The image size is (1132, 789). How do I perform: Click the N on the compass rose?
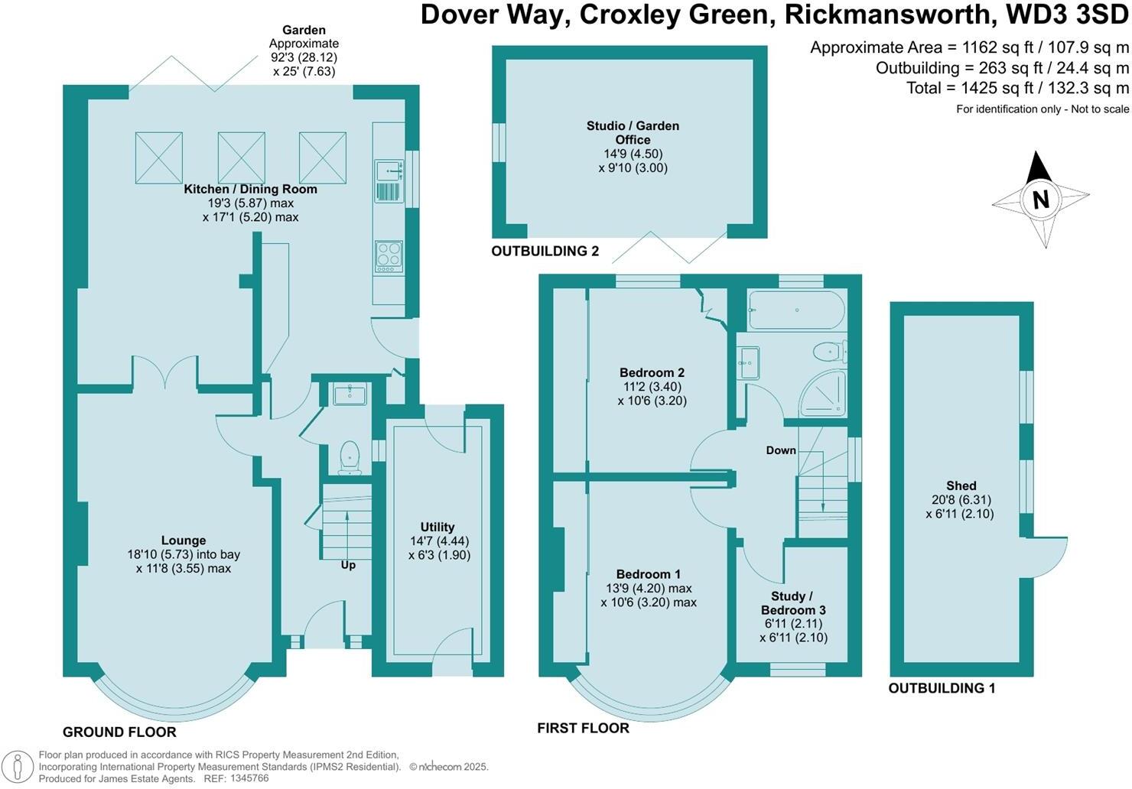point(1041,200)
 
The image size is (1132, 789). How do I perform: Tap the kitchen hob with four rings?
point(389,258)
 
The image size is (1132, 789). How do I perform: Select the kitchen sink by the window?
point(389,181)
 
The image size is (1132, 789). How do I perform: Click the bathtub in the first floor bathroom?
point(796,310)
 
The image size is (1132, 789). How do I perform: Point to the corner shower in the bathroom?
point(823,394)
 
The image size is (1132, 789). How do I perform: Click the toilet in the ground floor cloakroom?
point(350,458)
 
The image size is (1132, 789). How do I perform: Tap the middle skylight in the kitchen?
point(241,157)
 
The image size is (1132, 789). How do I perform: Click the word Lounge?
point(184,541)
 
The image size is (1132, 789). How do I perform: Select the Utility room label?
point(438,528)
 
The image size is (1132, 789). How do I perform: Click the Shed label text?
point(961,486)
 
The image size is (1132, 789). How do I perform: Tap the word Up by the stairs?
point(348,565)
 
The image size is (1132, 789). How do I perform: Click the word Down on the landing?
point(781,450)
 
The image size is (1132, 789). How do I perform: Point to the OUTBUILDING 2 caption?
point(545,251)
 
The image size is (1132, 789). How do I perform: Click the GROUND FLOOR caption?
point(119,732)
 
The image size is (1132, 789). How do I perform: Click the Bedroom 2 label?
point(652,373)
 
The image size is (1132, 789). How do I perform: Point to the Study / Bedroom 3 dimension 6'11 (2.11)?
point(793,624)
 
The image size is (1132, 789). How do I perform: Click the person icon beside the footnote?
point(17,766)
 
